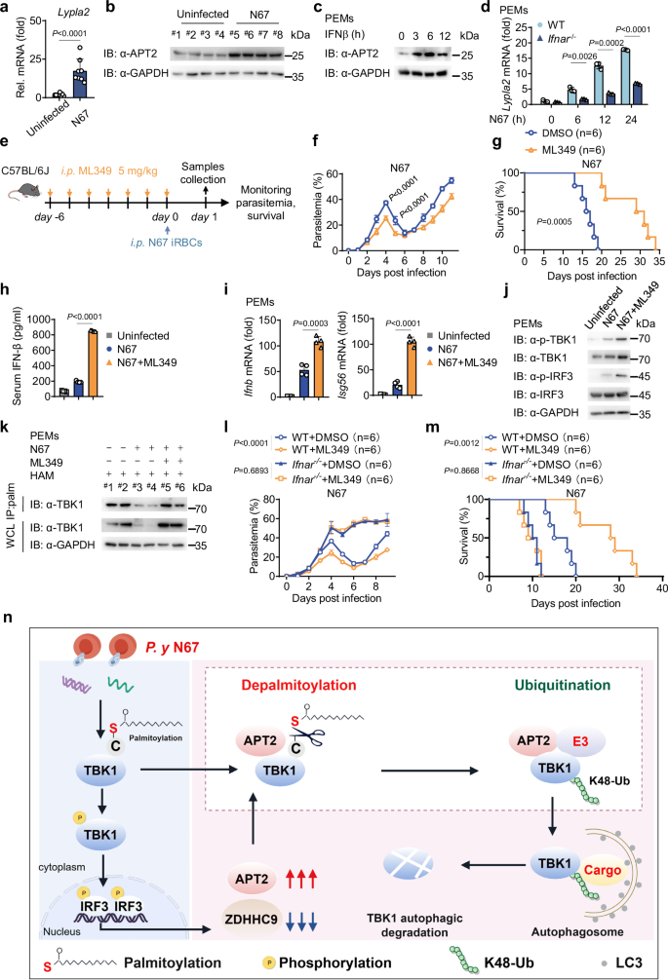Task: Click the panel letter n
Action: pos(10,616)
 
